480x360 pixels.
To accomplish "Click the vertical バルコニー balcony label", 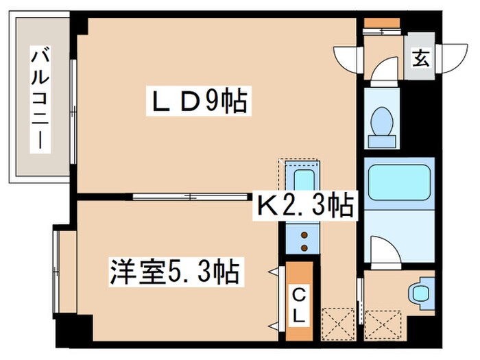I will pos(37,99).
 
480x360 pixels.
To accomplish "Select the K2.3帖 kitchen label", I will pos(305,204).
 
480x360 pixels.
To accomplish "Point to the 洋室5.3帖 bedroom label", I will pos(174,272).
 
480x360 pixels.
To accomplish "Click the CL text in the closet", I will pos(300,306).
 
